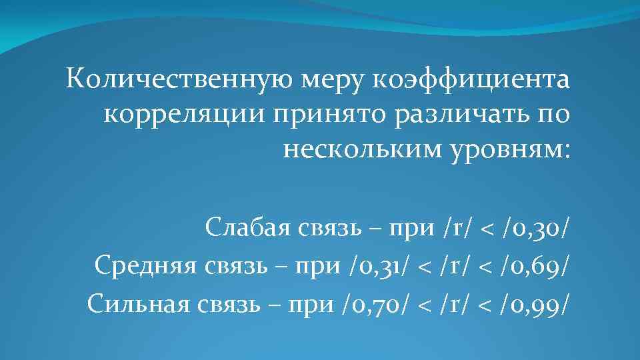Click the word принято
tap(287, 114)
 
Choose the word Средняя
tap(143, 266)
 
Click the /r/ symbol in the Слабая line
tap(455, 229)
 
